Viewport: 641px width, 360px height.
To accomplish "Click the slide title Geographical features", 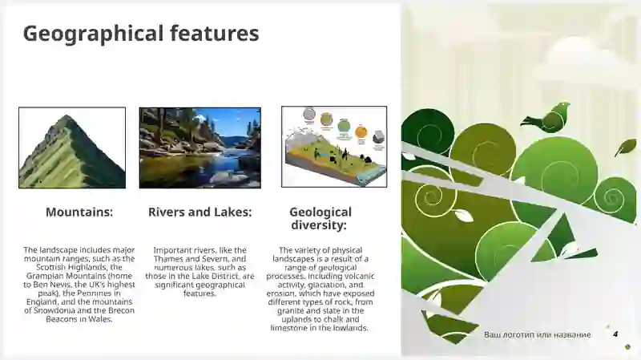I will tap(140, 34).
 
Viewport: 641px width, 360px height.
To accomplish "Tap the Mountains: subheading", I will tap(79, 212).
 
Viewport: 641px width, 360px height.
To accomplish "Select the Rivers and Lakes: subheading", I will tap(200, 212).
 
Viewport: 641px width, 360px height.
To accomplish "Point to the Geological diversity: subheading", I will tap(320, 219).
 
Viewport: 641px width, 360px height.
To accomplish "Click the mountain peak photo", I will tap(72, 148).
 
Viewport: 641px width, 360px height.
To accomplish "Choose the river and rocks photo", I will tap(200, 148).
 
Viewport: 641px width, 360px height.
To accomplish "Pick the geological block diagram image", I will tap(333, 147).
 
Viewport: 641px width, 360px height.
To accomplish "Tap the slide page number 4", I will tap(615, 334).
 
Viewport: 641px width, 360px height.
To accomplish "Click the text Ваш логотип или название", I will tap(537, 334).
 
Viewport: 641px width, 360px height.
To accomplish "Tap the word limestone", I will tap(289, 328).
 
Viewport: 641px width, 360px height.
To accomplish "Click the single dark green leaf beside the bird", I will tap(625, 148).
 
